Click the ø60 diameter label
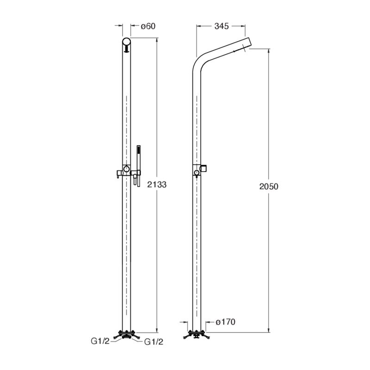pos(148,26)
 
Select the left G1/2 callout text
pos(100,342)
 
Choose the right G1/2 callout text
pos(154,342)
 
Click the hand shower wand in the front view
pos(138,160)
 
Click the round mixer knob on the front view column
pos(126,168)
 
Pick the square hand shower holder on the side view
pos(207,167)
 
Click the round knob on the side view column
pos(197,173)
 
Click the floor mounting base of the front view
pos(126,333)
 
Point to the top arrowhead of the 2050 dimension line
pos(269,49)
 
